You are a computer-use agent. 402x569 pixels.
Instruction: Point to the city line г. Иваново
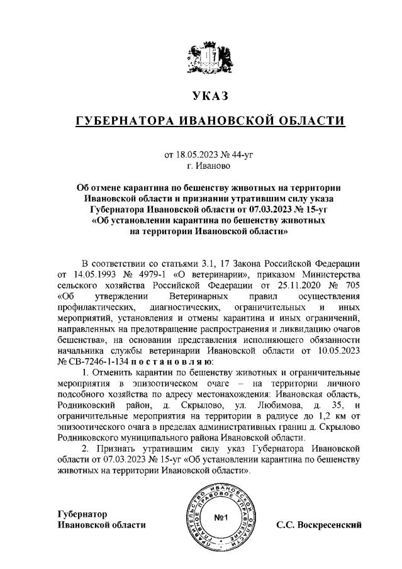[201, 165]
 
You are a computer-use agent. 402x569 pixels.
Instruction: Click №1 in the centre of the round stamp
[220, 519]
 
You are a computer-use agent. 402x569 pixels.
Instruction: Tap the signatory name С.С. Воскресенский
[319, 524]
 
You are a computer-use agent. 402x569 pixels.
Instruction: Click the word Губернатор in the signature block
[82, 514]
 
